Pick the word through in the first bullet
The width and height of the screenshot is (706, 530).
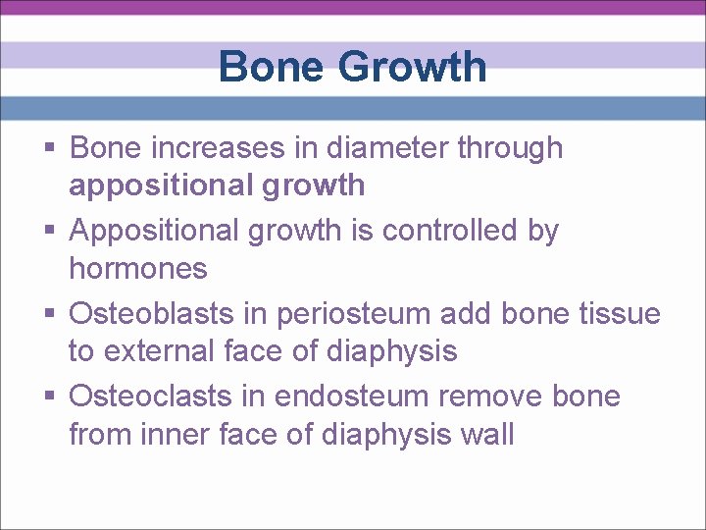[514, 148]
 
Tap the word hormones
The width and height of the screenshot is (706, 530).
[138, 268]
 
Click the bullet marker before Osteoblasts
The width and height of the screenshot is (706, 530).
[50, 314]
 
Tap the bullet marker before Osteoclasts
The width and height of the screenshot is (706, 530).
[50, 397]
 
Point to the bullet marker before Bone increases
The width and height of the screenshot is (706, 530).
[50, 148]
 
